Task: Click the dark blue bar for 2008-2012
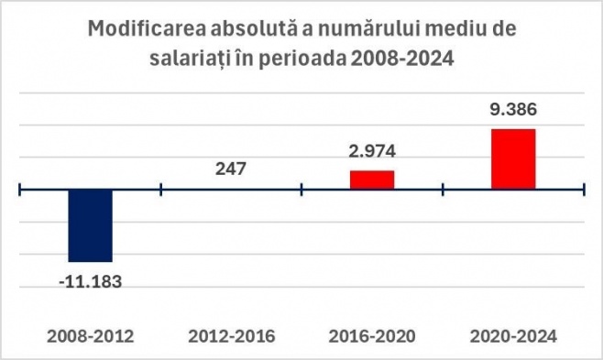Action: (91, 225)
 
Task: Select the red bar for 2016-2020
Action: (372, 180)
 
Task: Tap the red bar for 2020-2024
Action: (513, 159)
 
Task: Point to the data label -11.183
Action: (91, 282)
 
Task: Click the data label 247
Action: (231, 169)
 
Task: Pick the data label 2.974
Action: (372, 151)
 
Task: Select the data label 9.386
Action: (513, 110)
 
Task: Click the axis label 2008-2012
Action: (91, 336)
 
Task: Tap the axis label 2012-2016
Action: (232, 336)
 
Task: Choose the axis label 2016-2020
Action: (372, 336)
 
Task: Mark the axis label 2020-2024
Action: (513, 336)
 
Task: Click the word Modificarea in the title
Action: (146, 28)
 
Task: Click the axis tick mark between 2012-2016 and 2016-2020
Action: (301, 189)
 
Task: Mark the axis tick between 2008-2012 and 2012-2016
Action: (160, 189)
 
